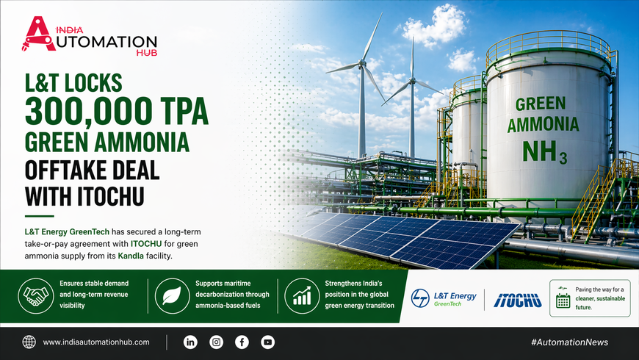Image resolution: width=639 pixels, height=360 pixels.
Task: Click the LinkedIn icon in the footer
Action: click(190, 342)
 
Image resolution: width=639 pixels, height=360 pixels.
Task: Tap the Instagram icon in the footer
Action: click(217, 342)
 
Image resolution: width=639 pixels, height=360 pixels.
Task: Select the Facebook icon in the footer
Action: click(242, 342)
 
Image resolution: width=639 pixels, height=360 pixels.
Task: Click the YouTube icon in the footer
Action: click(268, 342)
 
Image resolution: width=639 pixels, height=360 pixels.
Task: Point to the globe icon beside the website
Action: click(29, 342)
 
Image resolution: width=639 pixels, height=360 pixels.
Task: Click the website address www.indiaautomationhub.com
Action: click(96, 342)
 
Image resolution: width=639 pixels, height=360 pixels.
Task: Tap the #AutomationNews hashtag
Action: click(569, 342)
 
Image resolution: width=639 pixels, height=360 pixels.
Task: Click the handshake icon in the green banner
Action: click(36, 296)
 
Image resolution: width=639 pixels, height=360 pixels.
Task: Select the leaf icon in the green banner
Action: click(172, 296)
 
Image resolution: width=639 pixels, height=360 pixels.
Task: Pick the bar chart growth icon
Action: click(302, 296)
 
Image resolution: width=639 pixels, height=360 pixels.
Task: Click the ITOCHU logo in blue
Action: click(518, 300)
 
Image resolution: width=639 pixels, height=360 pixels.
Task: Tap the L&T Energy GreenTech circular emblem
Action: click(420, 298)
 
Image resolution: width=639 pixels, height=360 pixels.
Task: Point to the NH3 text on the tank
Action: click(544, 152)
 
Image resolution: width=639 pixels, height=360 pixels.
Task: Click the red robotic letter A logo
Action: click(38, 34)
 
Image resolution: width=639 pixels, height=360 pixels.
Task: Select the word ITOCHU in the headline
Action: click(111, 196)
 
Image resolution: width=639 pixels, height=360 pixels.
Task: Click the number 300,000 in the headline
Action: click(87, 111)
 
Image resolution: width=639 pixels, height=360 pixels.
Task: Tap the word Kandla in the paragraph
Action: click(131, 256)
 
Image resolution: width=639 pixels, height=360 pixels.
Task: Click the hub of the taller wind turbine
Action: click(361, 62)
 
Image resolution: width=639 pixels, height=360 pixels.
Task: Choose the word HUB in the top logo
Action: click(147, 53)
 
